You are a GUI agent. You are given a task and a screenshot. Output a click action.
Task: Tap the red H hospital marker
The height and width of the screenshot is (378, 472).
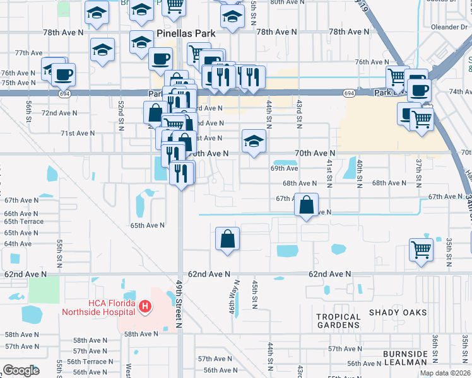(x=145, y=307)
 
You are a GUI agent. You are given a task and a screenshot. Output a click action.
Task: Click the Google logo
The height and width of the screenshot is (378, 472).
(x=21, y=370)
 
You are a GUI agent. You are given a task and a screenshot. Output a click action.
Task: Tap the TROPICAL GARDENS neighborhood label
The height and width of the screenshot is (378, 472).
(x=338, y=321)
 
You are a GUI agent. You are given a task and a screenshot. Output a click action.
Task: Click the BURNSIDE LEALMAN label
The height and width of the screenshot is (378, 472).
(x=405, y=357)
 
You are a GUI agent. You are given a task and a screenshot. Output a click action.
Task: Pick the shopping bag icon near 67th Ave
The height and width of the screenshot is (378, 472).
(x=306, y=205)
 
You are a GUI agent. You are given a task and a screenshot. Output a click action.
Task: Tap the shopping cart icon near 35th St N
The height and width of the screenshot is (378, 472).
(x=421, y=249)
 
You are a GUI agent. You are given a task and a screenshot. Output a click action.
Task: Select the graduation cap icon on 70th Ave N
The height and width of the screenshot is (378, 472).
(x=254, y=140)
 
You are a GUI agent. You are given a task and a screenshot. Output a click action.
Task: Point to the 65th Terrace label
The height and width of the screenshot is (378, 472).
(x=23, y=222)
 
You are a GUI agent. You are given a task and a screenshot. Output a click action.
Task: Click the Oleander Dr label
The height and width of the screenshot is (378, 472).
(x=449, y=27)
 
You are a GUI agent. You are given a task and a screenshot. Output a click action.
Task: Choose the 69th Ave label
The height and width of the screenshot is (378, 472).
(x=284, y=168)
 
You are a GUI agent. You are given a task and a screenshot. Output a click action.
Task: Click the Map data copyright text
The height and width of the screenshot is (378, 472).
(x=444, y=373)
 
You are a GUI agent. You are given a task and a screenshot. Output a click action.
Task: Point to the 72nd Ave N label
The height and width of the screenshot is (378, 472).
(x=59, y=113)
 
